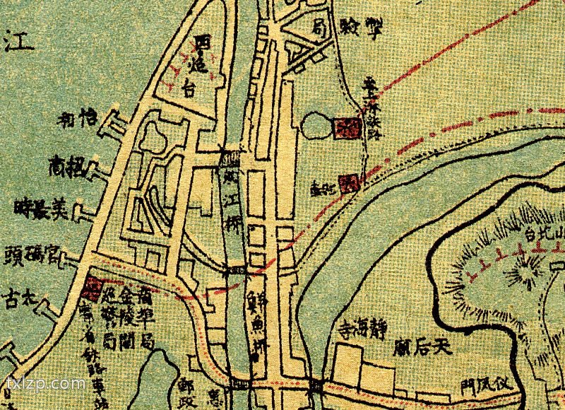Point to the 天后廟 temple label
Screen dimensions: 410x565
pos(422,347)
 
